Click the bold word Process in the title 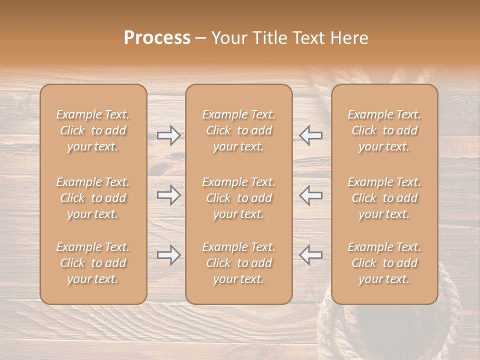tap(157, 38)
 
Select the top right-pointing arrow tap(168, 135)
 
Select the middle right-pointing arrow tap(168, 195)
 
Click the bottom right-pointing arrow tap(168, 255)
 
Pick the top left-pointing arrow tap(311, 135)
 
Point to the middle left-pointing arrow tap(311, 195)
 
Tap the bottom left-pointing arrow tap(311, 255)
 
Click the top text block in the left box tap(93, 130)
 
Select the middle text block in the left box tap(93, 198)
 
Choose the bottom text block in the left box tap(93, 263)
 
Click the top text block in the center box tap(239, 130)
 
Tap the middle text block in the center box tap(239, 198)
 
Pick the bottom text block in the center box tap(239, 263)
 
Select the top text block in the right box tap(384, 130)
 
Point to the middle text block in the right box tap(384, 198)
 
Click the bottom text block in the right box tap(384, 263)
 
